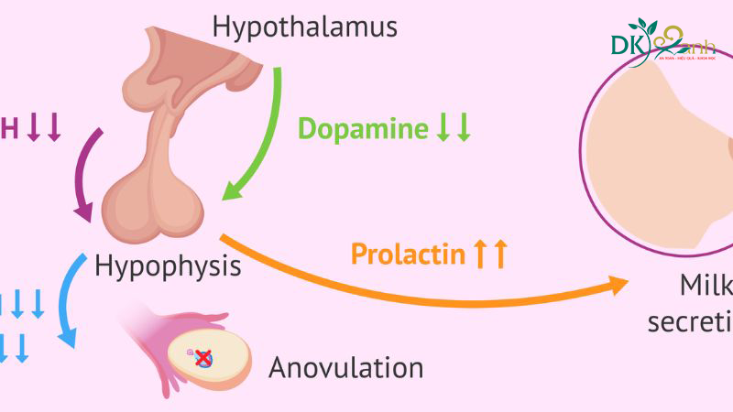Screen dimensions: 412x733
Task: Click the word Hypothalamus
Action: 305,26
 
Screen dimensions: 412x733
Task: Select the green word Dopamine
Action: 362,128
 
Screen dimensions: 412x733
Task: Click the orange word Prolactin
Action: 408,254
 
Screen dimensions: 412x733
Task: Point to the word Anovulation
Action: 345,368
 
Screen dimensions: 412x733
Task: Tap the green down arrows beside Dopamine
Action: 453,128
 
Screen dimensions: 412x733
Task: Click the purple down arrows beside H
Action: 44,129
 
